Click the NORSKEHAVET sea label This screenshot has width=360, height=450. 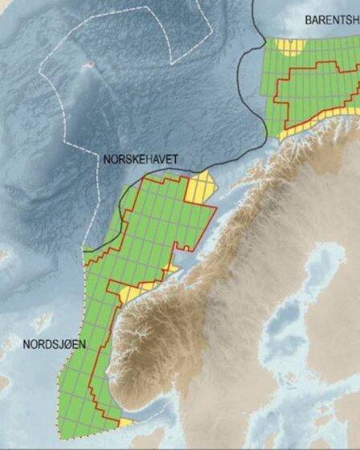(x=141, y=158)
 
